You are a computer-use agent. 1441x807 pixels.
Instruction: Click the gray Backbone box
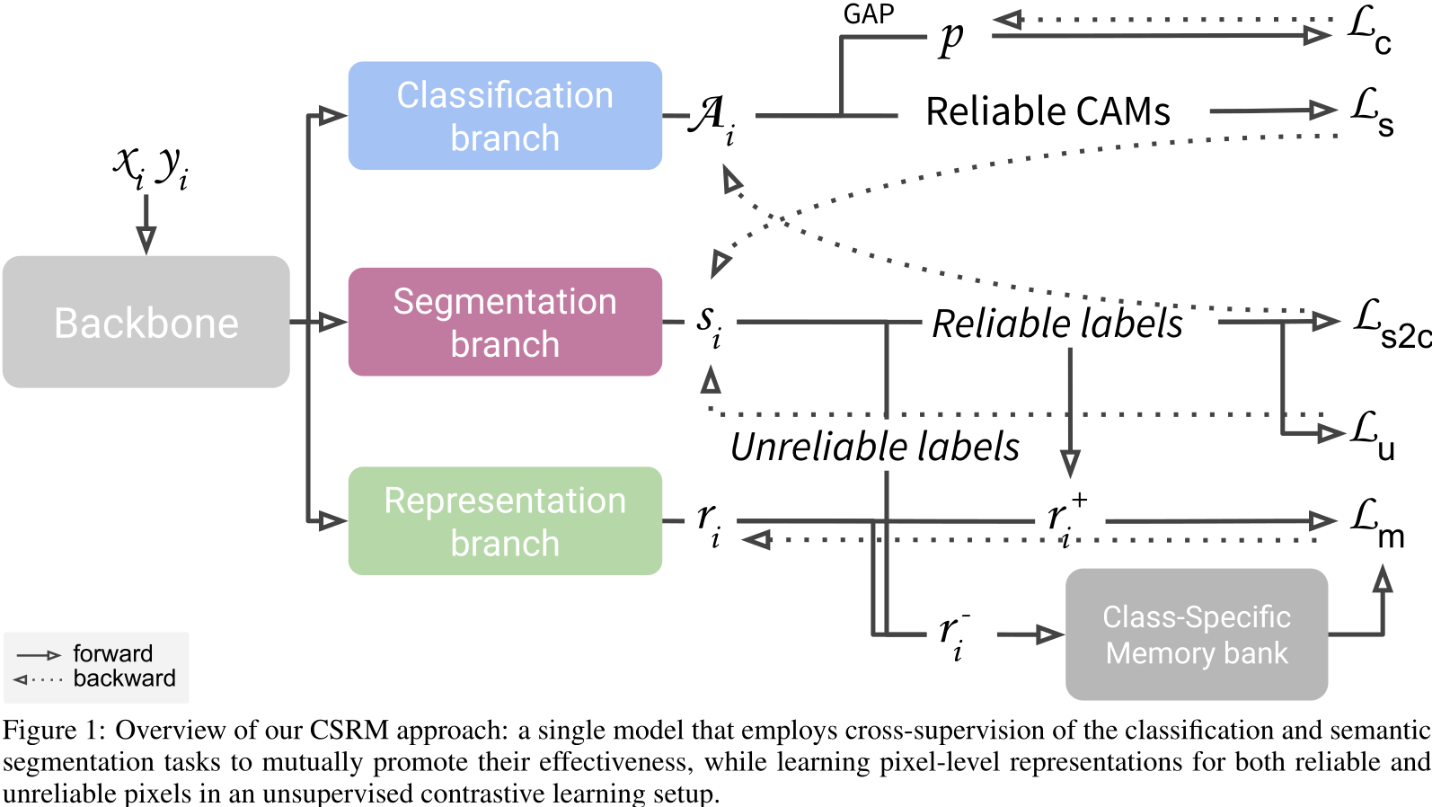[146, 322]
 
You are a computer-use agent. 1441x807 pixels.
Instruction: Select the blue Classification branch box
[505, 116]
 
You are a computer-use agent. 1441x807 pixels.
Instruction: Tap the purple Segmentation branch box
[505, 322]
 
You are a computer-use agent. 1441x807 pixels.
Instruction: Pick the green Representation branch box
[505, 521]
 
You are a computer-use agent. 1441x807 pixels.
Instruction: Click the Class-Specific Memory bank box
[1197, 634]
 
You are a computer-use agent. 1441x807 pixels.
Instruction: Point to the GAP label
[868, 14]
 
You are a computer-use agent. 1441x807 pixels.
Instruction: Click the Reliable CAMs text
[1048, 112]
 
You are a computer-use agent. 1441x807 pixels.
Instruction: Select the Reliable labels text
[1057, 324]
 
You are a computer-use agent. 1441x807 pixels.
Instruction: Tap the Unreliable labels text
[875, 447]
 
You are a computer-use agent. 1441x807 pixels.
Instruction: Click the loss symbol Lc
[1369, 31]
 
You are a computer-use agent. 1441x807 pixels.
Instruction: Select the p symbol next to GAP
[951, 39]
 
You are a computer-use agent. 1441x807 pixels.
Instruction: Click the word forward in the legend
[112, 653]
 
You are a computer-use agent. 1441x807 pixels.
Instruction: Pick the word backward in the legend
[124, 678]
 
